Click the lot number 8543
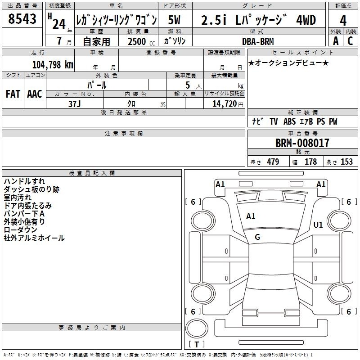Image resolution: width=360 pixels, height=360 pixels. [x=22, y=19]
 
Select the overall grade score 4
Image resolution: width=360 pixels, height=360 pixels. [x=343, y=21]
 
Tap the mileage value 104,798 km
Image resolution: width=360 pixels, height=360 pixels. [x=53, y=65]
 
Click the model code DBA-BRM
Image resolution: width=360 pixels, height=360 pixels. [x=258, y=41]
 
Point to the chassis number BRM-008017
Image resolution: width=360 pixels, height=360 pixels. [x=302, y=143]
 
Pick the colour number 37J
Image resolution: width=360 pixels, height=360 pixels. [x=74, y=104]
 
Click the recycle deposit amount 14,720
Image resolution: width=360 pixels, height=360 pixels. [x=225, y=104]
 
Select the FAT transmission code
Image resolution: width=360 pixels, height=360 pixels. [x=13, y=94]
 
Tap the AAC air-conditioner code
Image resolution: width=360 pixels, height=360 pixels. [x=35, y=94]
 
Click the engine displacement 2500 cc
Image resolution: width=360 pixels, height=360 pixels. [x=141, y=41]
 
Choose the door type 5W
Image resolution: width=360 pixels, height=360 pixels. [x=174, y=20]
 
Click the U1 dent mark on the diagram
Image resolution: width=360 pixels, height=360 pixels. [x=318, y=225]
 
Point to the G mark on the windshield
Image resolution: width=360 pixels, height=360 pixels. [x=257, y=237]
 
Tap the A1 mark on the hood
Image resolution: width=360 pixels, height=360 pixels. [x=251, y=216]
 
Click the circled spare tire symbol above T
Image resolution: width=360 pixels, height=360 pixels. [x=197, y=328]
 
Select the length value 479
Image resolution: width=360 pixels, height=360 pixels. [x=273, y=162]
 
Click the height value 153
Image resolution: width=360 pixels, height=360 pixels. [x=346, y=162]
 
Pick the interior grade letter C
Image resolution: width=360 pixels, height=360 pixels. [x=350, y=41]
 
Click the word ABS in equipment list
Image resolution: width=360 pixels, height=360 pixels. [x=289, y=121]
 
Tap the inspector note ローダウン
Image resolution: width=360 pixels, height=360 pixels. [x=20, y=230]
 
